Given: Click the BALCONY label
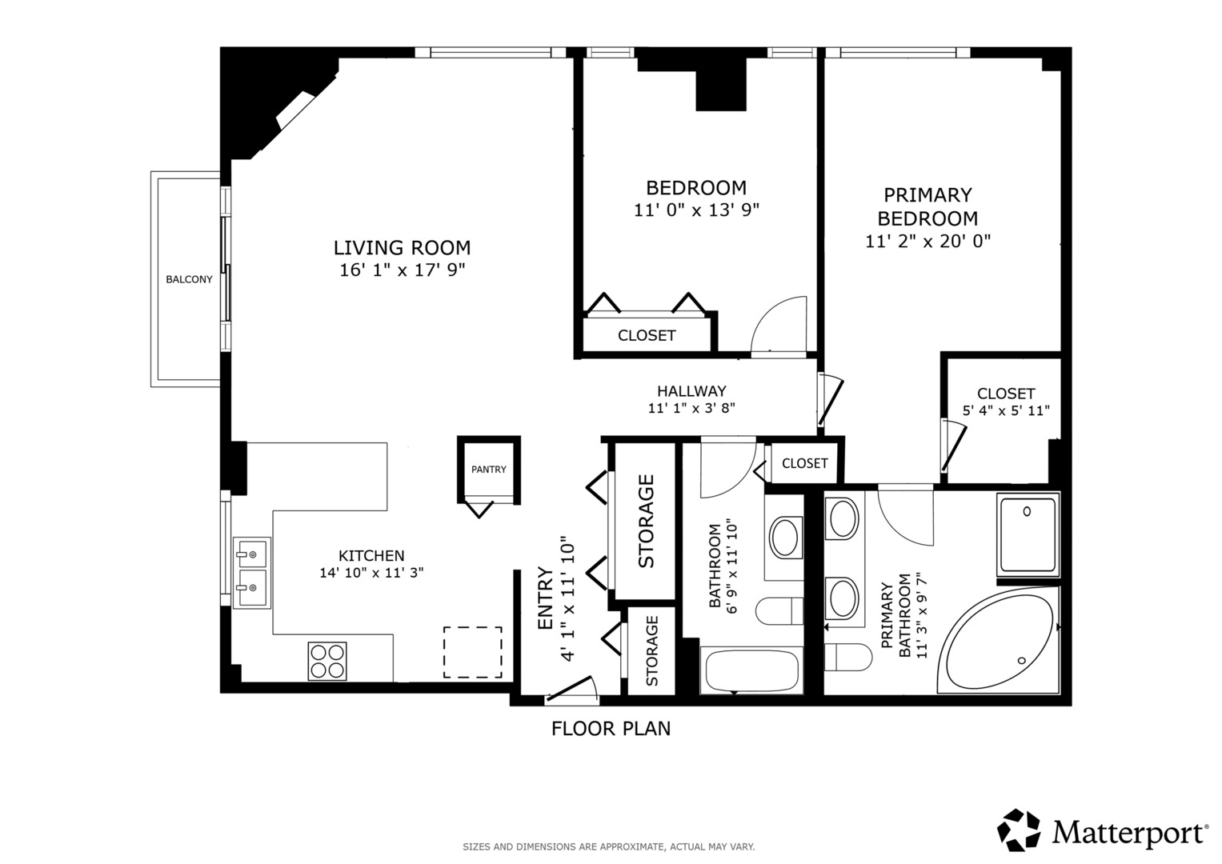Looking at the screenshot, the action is [x=189, y=279].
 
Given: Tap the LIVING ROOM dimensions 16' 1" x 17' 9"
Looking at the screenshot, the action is [x=402, y=270].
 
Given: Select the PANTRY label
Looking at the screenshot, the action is [x=489, y=469].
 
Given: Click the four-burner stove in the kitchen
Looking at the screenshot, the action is [x=327, y=661].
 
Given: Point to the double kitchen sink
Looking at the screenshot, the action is [x=252, y=572].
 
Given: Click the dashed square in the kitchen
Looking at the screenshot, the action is [x=472, y=652].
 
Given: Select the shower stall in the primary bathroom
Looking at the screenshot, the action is [x=1028, y=534].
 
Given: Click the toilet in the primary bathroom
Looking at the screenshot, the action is [x=847, y=657].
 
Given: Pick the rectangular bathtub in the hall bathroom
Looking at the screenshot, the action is [x=751, y=670].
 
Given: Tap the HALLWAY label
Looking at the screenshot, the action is [x=691, y=391].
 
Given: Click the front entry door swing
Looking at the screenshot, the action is [x=571, y=688].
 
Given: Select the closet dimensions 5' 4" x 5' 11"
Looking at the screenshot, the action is [x=1006, y=410].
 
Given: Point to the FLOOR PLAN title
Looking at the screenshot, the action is [x=611, y=729].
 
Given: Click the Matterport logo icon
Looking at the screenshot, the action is [x=1019, y=830].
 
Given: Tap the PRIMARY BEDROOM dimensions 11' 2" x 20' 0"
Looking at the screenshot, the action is [x=928, y=241].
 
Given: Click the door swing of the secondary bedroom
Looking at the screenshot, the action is [x=779, y=326].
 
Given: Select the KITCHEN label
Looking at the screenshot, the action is [x=371, y=556].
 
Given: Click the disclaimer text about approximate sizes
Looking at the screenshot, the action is [x=609, y=846].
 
